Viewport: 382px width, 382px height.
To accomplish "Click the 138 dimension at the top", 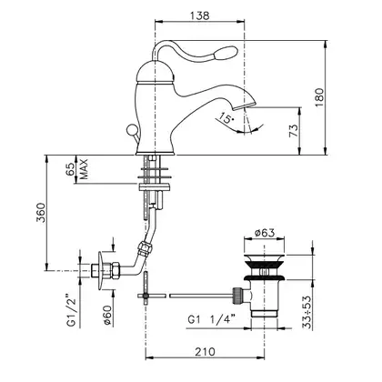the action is (200, 15).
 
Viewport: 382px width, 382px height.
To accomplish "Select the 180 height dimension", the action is (319, 97).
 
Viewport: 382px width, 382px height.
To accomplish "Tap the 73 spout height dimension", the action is (293, 131).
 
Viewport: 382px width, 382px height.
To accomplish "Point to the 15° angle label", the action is (226, 117).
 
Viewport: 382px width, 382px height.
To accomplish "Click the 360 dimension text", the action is (41, 213).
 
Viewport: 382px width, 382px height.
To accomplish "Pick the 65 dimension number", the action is (69, 169).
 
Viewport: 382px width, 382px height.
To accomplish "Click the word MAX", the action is (83, 169).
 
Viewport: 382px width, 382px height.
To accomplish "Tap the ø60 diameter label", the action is (107, 316).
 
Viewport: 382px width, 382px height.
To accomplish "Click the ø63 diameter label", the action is (265, 233).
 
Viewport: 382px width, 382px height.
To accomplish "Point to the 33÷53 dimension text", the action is (307, 313).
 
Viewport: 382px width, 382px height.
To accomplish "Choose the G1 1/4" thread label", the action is (212, 319).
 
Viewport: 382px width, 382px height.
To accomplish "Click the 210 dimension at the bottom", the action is (205, 352).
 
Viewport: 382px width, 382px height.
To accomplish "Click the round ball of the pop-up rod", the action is (132, 130).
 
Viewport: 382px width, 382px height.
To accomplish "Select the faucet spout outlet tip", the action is (243, 106).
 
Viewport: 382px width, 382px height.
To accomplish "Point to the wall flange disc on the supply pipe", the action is (101, 270).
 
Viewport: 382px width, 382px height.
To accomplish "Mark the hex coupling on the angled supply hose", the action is (144, 247).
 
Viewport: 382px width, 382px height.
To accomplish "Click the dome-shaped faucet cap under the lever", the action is (156, 71).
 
